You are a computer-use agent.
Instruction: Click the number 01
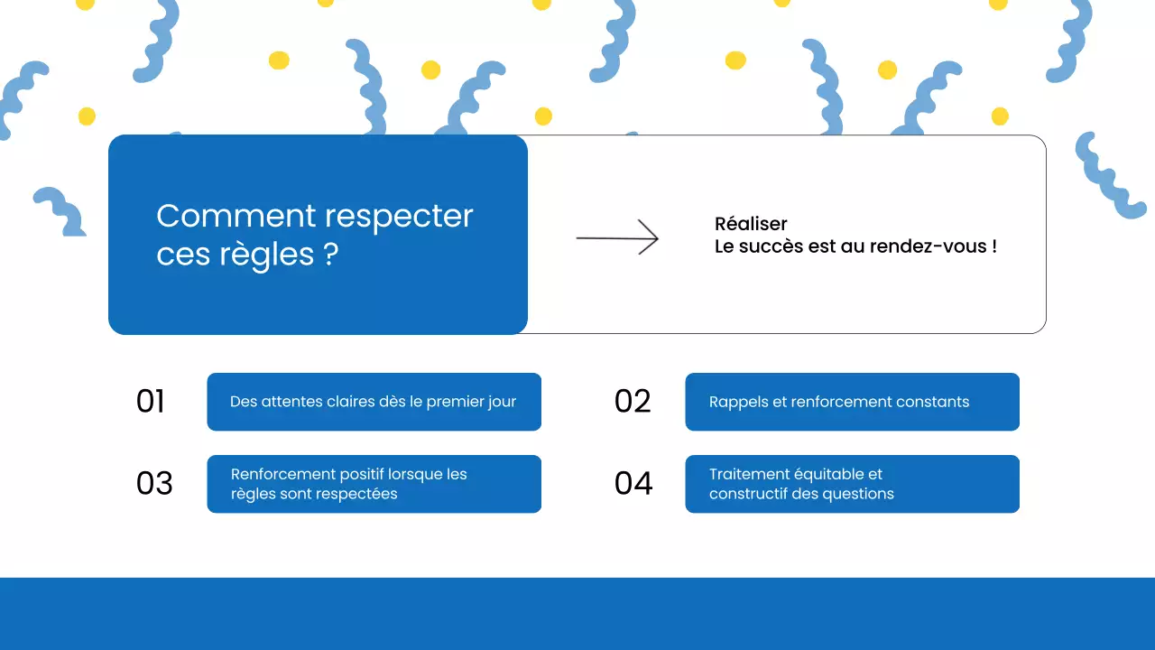(x=151, y=402)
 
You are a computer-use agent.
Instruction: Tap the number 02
(x=633, y=402)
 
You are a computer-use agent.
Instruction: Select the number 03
(x=154, y=484)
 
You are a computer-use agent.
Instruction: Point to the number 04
(x=633, y=484)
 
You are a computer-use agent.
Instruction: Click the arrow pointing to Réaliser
(x=618, y=237)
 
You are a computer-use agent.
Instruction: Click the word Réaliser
(x=751, y=224)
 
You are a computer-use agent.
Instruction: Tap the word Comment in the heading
(x=236, y=217)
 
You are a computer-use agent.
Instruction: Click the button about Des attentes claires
(x=374, y=402)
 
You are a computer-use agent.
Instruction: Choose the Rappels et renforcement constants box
(x=852, y=402)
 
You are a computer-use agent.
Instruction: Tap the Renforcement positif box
(x=374, y=484)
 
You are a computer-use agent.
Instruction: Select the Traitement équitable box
(x=852, y=484)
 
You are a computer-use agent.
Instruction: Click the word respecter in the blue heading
(x=398, y=217)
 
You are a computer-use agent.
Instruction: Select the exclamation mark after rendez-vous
(x=993, y=246)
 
